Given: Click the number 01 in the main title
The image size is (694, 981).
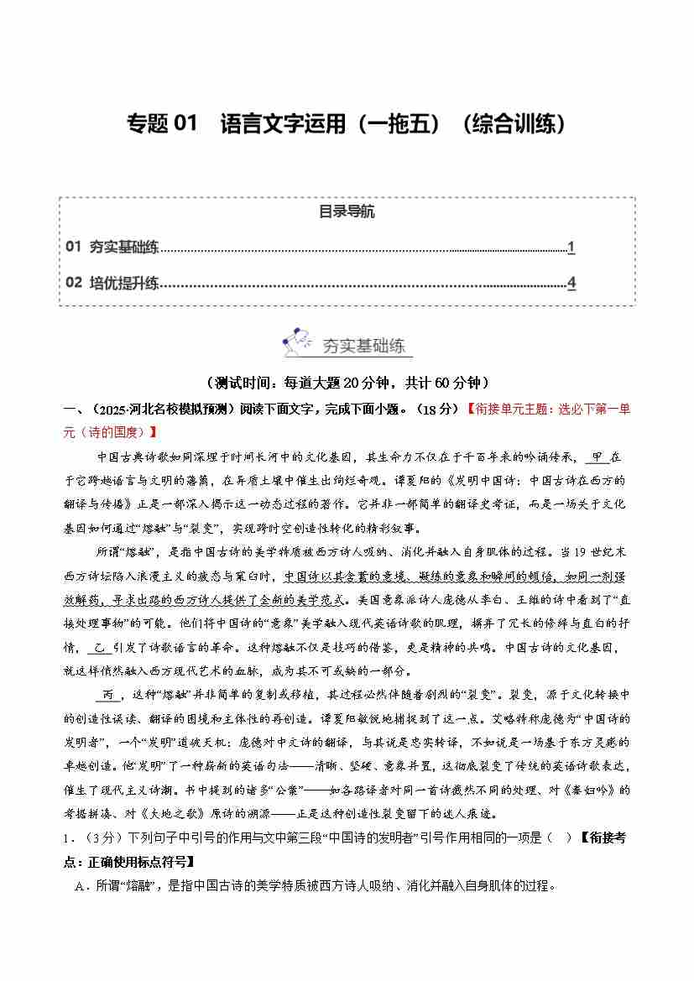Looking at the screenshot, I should click(183, 124).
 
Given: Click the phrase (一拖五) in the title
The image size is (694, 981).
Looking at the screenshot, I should click(396, 124).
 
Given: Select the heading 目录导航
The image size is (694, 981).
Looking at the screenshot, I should click(347, 211).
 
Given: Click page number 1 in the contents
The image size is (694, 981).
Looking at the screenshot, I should click(571, 247).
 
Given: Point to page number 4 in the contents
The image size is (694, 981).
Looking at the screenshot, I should click(571, 283).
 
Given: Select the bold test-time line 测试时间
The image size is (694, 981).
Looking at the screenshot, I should click(347, 383).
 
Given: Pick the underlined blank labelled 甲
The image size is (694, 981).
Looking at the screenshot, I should click(597, 457).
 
